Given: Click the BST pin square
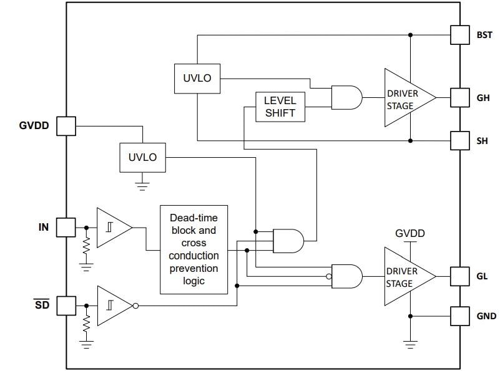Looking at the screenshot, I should pyautogui.click(x=459, y=35).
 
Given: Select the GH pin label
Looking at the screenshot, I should pyautogui.click(x=483, y=98).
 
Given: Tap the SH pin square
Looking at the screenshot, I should pyautogui.click(x=459, y=141).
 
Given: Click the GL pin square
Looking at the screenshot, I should pyautogui.click(x=459, y=275).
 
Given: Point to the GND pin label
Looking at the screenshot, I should pyautogui.click(x=486, y=316).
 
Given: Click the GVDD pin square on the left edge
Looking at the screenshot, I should pyautogui.click(x=66, y=126).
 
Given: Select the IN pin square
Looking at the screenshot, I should pyautogui.click(x=66, y=228).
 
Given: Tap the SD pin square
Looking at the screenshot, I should pyautogui.click(x=66, y=306).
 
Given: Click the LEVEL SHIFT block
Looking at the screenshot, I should pyautogui.click(x=280, y=107).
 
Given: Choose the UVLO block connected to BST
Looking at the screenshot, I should pyautogui.click(x=197, y=79).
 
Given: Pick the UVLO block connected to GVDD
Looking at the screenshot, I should pyautogui.click(x=142, y=157).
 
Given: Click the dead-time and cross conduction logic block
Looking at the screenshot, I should pyautogui.click(x=194, y=249).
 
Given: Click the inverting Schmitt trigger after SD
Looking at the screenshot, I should pyautogui.click(x=115, y=306).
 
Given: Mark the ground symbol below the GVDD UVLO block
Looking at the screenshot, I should pyautogui.click(x=142, y=184).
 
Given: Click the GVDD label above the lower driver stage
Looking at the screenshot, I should pyautogui.click(x=409, y=233).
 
